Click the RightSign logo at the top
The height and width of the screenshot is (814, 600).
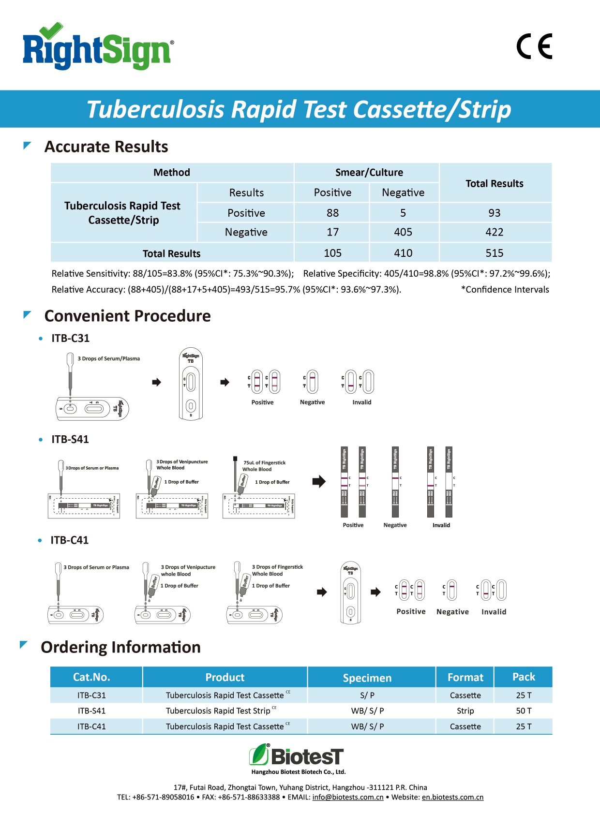[x=98, y=48]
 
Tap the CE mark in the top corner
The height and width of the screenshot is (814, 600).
[x=534, y=46]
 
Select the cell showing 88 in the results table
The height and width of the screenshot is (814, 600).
[x=332, y=213]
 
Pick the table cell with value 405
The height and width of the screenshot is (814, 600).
[x=403, y=232]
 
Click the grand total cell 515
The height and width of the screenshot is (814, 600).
[x=494, y=253]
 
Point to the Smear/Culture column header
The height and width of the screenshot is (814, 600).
[x=369, y=173]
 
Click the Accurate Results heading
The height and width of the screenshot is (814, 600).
[x=106, y=147]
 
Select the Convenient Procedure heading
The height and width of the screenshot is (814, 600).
[x=127, y=316]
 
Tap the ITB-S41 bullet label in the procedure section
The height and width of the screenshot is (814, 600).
[x=70, y=439]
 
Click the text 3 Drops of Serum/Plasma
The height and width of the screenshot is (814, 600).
[x=108, y=359]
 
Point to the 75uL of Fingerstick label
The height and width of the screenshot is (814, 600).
[x=264, y=463]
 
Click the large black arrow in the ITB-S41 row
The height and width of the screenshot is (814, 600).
[x=319, y=481]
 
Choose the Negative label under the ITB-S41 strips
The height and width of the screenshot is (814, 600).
[x=395, y=525]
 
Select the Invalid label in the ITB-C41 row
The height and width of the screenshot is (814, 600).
[x=494, y=612]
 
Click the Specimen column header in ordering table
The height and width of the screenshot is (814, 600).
[x=367, y=678]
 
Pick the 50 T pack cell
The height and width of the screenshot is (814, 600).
[x=524, y=711]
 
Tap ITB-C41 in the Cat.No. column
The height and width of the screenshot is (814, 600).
[x=91, y=726]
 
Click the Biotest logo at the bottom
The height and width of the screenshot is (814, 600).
[x=297, y=755]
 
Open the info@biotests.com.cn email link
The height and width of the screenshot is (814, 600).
[x=347, y=797]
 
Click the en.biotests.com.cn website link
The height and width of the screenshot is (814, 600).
[x=452, y=797]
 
